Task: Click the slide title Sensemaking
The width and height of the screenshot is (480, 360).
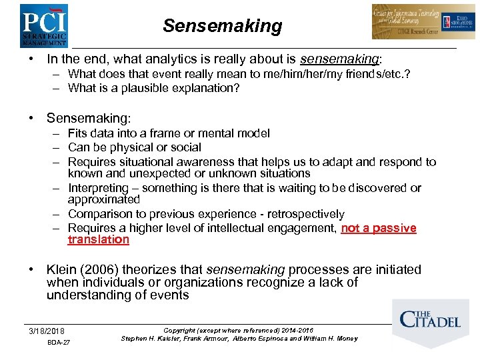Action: coord(223,26)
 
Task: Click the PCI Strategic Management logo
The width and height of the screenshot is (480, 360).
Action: coord(43,25)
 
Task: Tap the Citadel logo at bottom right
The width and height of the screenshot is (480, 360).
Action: coord(430,319)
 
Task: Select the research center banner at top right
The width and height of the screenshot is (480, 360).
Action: coord(424,22)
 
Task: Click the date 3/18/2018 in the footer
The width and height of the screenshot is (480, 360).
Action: coord(47,331)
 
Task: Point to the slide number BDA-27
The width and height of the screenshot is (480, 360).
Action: coord(59,343)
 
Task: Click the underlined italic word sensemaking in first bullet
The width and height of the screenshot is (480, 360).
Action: coord(339,59)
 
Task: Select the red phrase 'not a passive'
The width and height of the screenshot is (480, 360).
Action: coord(379,228)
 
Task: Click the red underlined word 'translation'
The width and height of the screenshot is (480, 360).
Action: coord(98,239)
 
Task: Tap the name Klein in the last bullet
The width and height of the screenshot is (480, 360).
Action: coord(63,269)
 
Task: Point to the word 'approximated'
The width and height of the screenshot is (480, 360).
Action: coord(103,199)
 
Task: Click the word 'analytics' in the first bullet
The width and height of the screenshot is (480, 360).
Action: coord(177,59)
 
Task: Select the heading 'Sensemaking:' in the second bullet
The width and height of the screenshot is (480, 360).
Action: coord(88,118)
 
